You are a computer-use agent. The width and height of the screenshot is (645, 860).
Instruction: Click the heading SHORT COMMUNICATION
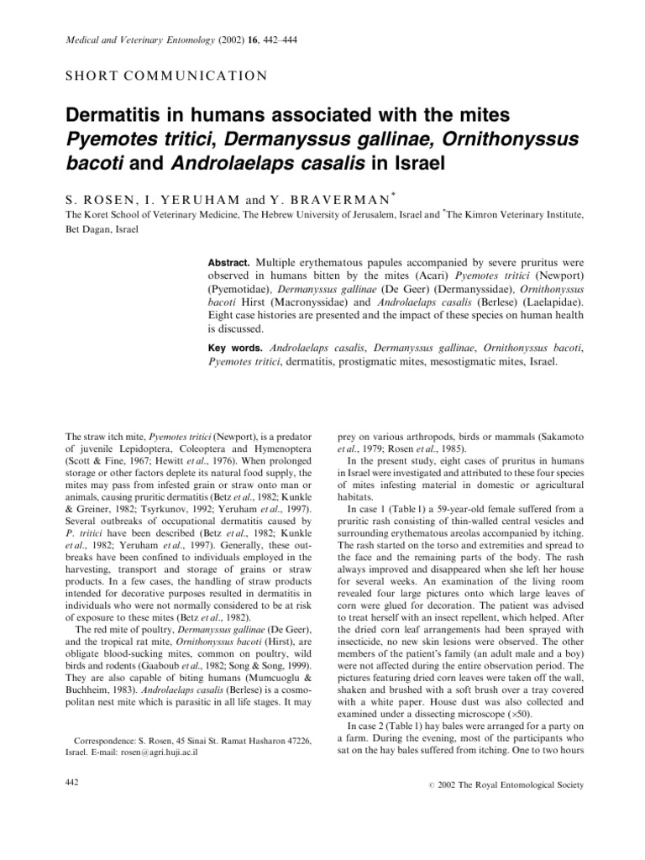[x=165, y=75]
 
